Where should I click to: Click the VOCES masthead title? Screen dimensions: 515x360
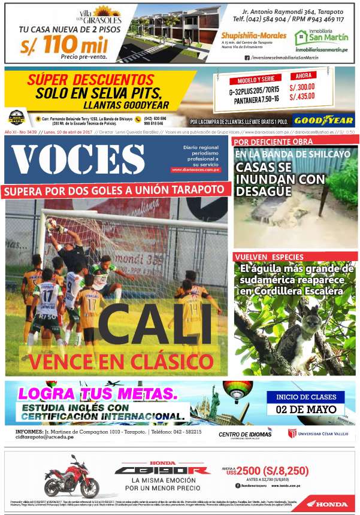[78, 160]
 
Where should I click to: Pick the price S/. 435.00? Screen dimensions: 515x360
[302, 96]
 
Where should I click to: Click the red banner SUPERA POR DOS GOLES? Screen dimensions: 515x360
[116, 191]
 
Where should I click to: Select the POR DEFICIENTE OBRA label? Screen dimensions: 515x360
[264, 142]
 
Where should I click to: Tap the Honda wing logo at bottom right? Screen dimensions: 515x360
[324, 504]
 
